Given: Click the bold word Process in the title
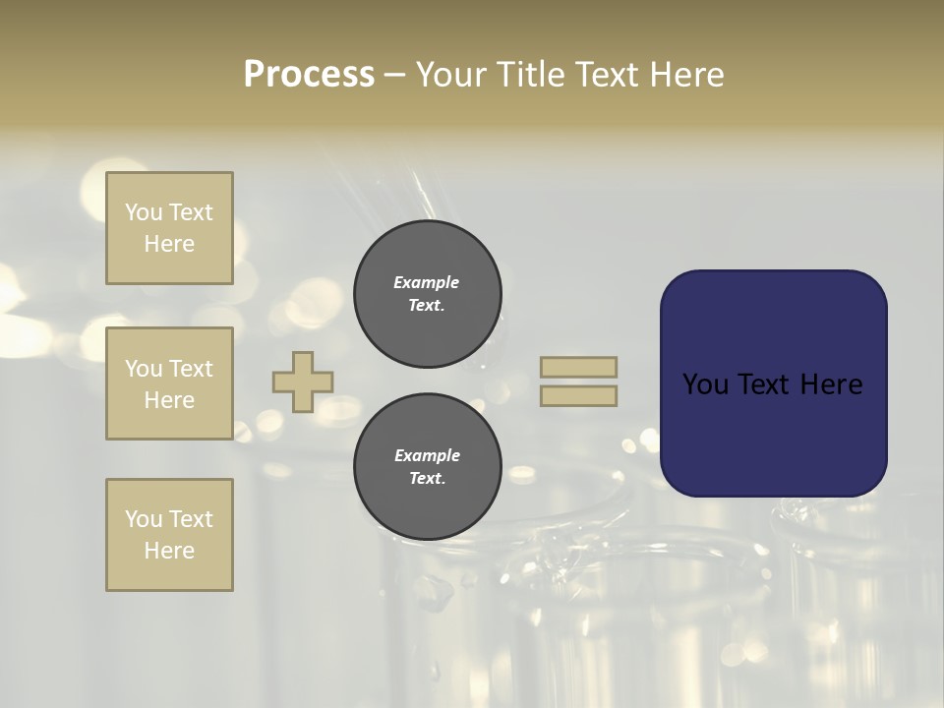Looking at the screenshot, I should (309, 75).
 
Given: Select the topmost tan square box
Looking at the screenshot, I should (169, 228).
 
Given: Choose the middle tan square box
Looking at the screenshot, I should (169, 383).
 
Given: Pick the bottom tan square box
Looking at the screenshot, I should (169, 535).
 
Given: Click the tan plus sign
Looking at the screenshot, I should (303, 382).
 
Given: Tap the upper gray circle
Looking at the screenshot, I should (428, 294).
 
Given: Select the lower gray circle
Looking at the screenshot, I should (428, 467).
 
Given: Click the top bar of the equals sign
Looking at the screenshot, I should (578, 368).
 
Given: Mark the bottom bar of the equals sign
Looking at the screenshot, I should (578, 395).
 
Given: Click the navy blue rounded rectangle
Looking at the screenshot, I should (773, 383).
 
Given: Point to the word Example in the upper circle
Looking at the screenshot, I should (427, 282).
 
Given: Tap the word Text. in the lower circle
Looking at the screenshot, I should (427, 479).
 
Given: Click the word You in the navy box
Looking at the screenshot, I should (705, 384).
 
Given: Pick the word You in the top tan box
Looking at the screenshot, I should (144, 212).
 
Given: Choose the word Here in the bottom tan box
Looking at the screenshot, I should (169, 551).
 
